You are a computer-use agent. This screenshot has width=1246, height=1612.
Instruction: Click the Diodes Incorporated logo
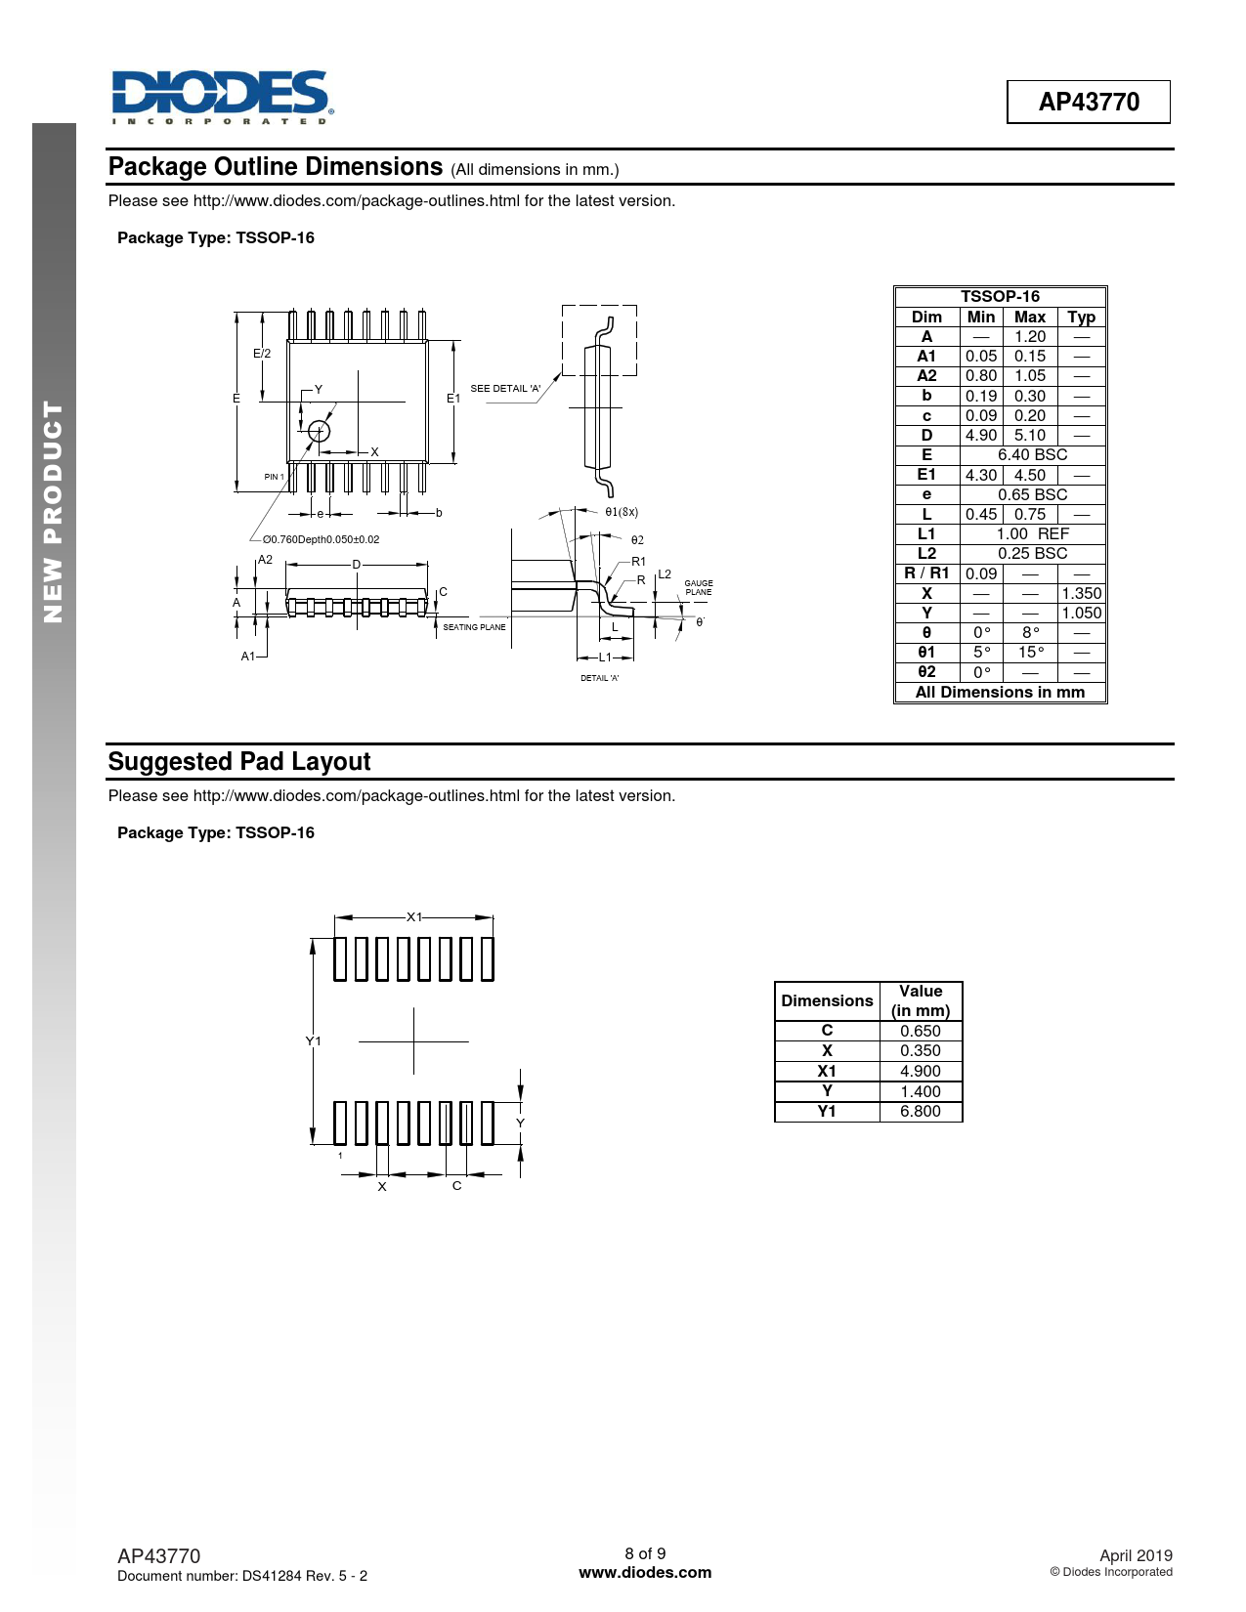pyautogui.click(x=222, y=97)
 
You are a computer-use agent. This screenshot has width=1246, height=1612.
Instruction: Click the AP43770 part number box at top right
pyautogui.click(x=1088, y=102)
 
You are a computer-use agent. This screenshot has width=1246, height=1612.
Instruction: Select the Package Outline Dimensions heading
pyautogui.click(x=276, y=167)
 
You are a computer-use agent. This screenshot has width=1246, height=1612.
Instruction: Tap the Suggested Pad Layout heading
pyautogui.click(x=239, y=762)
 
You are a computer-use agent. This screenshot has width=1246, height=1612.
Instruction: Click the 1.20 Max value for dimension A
pyautogui.click(x=1029, y=337)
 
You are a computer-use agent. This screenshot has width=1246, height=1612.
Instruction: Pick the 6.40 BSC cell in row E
pyautogui.click(x=1032, y=455)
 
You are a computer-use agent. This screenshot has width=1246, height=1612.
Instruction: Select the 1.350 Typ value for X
pyautogui.click(x=1081, y=593)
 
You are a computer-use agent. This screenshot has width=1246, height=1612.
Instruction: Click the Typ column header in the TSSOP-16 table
pyautogui.click(x=1081, y=318)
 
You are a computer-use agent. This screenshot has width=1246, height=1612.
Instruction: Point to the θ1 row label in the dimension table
pyautogui.click(x=926, y=653)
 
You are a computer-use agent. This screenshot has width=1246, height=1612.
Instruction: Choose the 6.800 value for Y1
pyautogui.click(x=920, y=1112)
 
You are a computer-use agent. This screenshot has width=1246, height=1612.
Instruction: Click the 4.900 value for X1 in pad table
pyautogui.click(x=920, y=1072)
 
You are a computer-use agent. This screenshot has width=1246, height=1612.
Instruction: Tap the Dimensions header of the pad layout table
pyautogui.click(x=827, y=1001)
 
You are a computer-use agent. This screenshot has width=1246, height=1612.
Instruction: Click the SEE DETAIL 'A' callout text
pyautogui.click(x=505, y=389)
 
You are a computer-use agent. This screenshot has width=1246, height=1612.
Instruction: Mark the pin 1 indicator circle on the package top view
pyautogui.click(x=319, y=431)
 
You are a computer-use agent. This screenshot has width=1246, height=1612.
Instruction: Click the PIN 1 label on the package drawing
pyautogui.click(x=274, y=477)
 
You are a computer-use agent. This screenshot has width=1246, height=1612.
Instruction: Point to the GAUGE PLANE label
pyautogui.click(x=699, y=588)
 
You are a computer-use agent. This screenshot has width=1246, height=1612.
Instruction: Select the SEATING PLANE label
pyautogui.click(x=474, y=627)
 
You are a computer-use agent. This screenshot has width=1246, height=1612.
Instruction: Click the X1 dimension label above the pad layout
pyautogui.click(x=414, y=917)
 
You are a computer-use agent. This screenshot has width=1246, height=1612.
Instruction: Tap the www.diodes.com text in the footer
pyautogui.click(x=645, y=1573)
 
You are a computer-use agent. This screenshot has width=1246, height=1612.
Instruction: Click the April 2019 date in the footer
pyautogui.click(x=1136, y=1555)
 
